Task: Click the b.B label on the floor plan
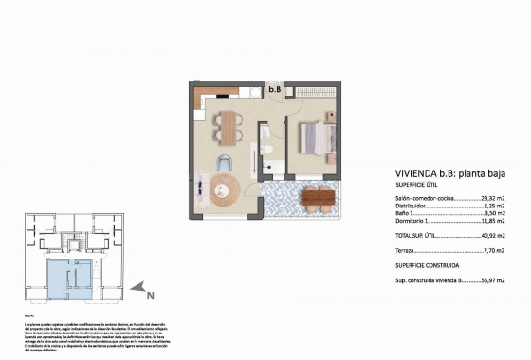click(275, 90)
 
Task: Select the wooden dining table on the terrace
click(317, 199)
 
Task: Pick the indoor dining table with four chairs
click(228, 124)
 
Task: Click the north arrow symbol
click(140, 290)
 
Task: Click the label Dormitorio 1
click(415, 223)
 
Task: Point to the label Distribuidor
click(414, 207)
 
